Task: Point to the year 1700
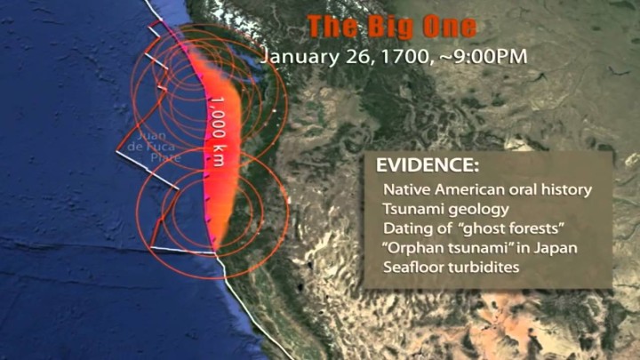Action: click(x=400, y=56)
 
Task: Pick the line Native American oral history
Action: click(x=487, y=190)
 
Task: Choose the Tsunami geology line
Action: click(x=445, y=210)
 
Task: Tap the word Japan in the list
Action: click(x=556, y=248)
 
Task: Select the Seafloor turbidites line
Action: click(x=451, y=267)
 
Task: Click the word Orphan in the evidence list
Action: click(x=414, y=248)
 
